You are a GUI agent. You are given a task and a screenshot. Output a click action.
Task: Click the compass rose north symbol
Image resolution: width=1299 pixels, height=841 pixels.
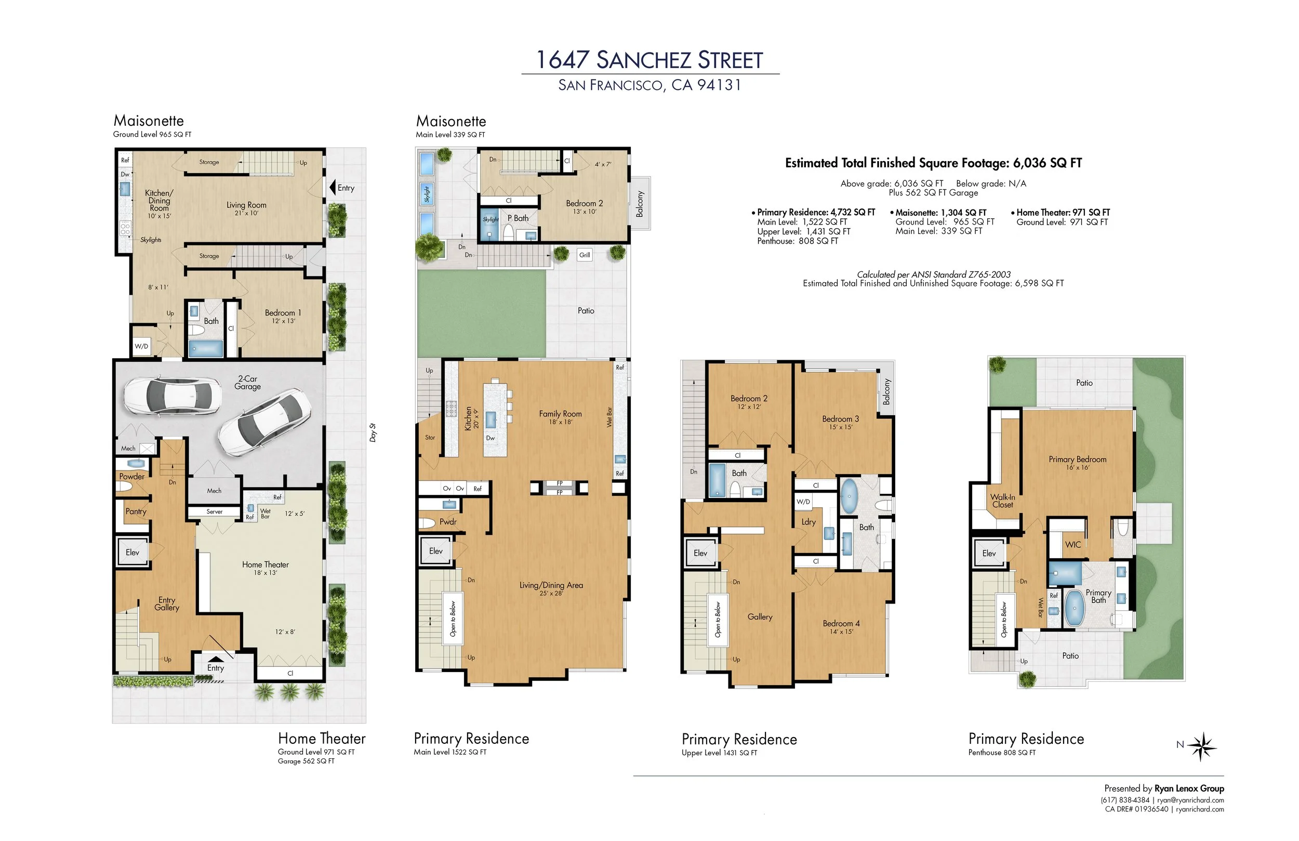tap(1201, 746)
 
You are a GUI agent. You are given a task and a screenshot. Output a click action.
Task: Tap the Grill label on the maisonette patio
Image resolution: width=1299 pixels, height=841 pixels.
tap(585, 255)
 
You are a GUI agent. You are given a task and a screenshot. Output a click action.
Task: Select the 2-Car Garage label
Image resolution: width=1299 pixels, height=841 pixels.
tap(248, 382)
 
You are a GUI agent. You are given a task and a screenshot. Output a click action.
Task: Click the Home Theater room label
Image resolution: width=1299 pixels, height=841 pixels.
tap(266, 564)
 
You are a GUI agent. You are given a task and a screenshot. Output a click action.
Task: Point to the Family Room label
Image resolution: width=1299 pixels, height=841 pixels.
tap(561, 414)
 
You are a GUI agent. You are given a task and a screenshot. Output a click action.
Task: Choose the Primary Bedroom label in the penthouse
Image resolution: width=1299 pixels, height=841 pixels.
tap(1078, 459)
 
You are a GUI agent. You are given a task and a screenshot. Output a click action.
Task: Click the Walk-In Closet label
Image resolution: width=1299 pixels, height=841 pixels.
tap(1003, 501)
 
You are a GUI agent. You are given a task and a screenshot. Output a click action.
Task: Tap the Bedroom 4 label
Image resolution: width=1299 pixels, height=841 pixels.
tap(841, 624)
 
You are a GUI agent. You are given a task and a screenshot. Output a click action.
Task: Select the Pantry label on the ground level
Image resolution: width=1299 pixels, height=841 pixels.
tap(136, 511)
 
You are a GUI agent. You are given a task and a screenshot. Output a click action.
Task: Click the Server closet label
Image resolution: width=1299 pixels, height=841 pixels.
tap(215, 511)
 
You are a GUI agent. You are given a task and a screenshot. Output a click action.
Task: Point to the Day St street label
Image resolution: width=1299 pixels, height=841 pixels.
tap(373, 432)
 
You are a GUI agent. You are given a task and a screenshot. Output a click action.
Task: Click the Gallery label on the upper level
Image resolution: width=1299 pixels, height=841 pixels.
tap(760, 617)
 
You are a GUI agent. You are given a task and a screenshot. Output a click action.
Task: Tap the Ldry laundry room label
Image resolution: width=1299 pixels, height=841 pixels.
tap(808, 522)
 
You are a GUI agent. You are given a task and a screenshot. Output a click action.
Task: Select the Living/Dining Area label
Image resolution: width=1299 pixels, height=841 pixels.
tap(551, 585)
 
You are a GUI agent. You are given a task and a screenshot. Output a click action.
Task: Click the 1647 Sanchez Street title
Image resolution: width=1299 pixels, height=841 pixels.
tap(649, 60)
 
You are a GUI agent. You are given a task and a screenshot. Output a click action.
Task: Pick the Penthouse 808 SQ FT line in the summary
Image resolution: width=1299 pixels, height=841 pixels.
tap(798, 241)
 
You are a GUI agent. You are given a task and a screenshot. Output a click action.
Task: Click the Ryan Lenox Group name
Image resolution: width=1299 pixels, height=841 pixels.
tap(1189, 789)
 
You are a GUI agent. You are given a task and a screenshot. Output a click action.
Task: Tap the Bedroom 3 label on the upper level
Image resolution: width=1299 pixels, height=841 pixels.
tap(841, 419)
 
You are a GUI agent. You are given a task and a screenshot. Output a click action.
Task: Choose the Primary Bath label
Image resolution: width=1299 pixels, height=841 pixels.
tap(1098, 596)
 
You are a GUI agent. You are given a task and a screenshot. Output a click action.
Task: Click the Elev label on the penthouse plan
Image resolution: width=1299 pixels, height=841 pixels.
tap(989, 553)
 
